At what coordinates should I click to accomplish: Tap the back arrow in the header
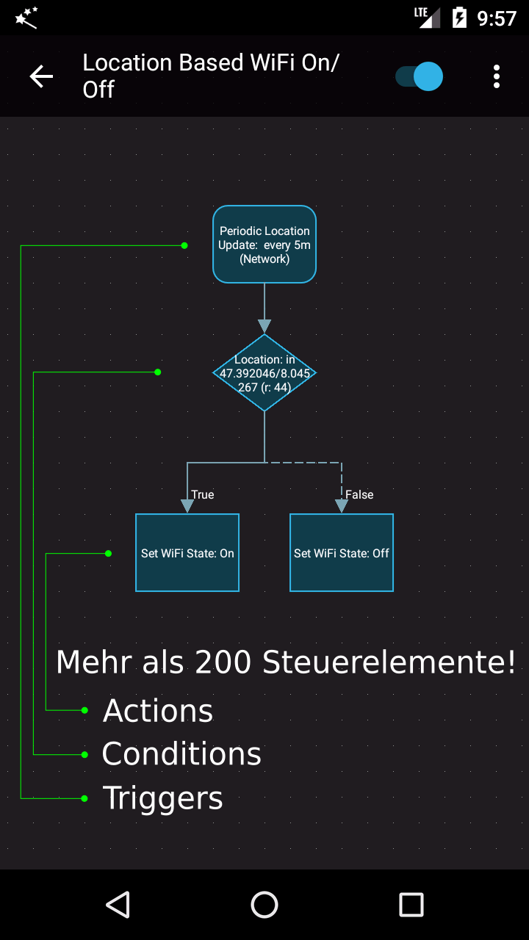41,76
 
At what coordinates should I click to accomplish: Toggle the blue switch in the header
419,76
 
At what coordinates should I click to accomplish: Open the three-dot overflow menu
496,76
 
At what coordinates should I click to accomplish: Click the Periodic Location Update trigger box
264,245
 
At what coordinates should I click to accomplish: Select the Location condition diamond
264,372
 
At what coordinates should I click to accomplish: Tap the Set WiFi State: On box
187,553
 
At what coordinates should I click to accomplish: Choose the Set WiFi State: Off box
342,553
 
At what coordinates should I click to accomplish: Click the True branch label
203,495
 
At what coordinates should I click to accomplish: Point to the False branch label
359,495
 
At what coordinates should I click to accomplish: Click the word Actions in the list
158,711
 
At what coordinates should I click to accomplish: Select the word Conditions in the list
181,754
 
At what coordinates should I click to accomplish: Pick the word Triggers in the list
163,798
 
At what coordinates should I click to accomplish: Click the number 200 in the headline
223,662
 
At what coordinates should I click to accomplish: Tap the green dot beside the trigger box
184,245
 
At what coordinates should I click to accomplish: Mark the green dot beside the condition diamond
158,372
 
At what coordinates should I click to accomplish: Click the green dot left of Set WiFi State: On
108,554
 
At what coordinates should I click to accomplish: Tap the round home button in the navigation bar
264,904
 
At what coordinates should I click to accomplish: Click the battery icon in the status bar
459,18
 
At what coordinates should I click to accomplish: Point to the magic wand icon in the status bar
26,18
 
